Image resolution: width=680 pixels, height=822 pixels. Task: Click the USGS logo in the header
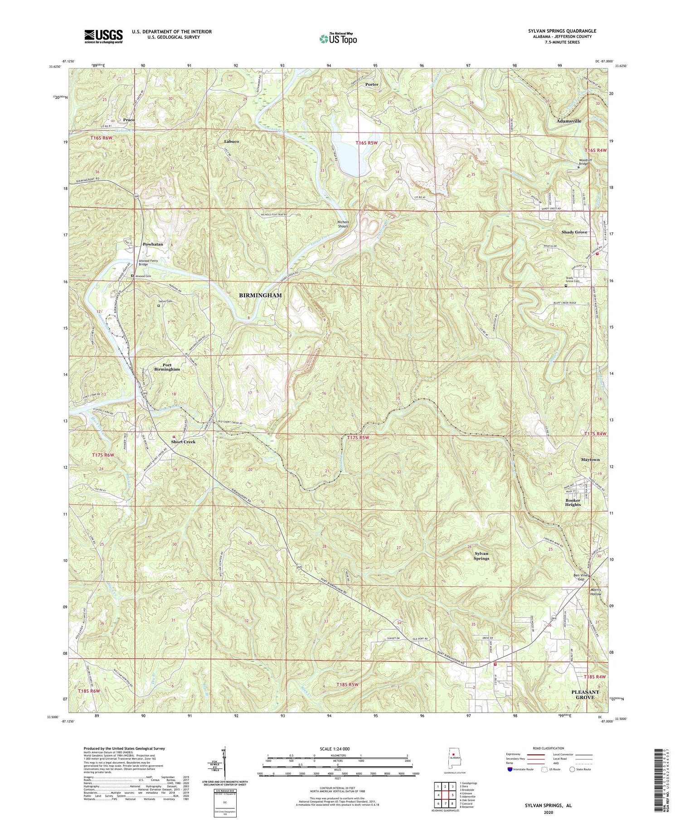click(x=103, y=36)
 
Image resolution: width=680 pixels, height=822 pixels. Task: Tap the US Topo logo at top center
click(x=338, y=39)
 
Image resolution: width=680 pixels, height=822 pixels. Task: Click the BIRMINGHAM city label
click(x=260, y=295)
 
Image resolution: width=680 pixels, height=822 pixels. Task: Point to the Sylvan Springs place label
click(x=481, y=556)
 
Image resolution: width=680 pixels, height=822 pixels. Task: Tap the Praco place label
click(x=129, y=120)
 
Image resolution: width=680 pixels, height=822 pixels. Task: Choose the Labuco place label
click(x=231, y=142)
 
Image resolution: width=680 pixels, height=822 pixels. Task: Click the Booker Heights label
click(x=573, y=502)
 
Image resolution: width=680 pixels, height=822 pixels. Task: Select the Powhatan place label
click(x=153, y=244)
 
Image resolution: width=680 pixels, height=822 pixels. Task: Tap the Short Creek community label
click(x=183, y=442)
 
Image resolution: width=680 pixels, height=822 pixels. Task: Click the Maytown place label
click(x=590, y=460)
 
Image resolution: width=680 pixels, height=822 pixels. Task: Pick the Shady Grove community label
click(x=574, y=232)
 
